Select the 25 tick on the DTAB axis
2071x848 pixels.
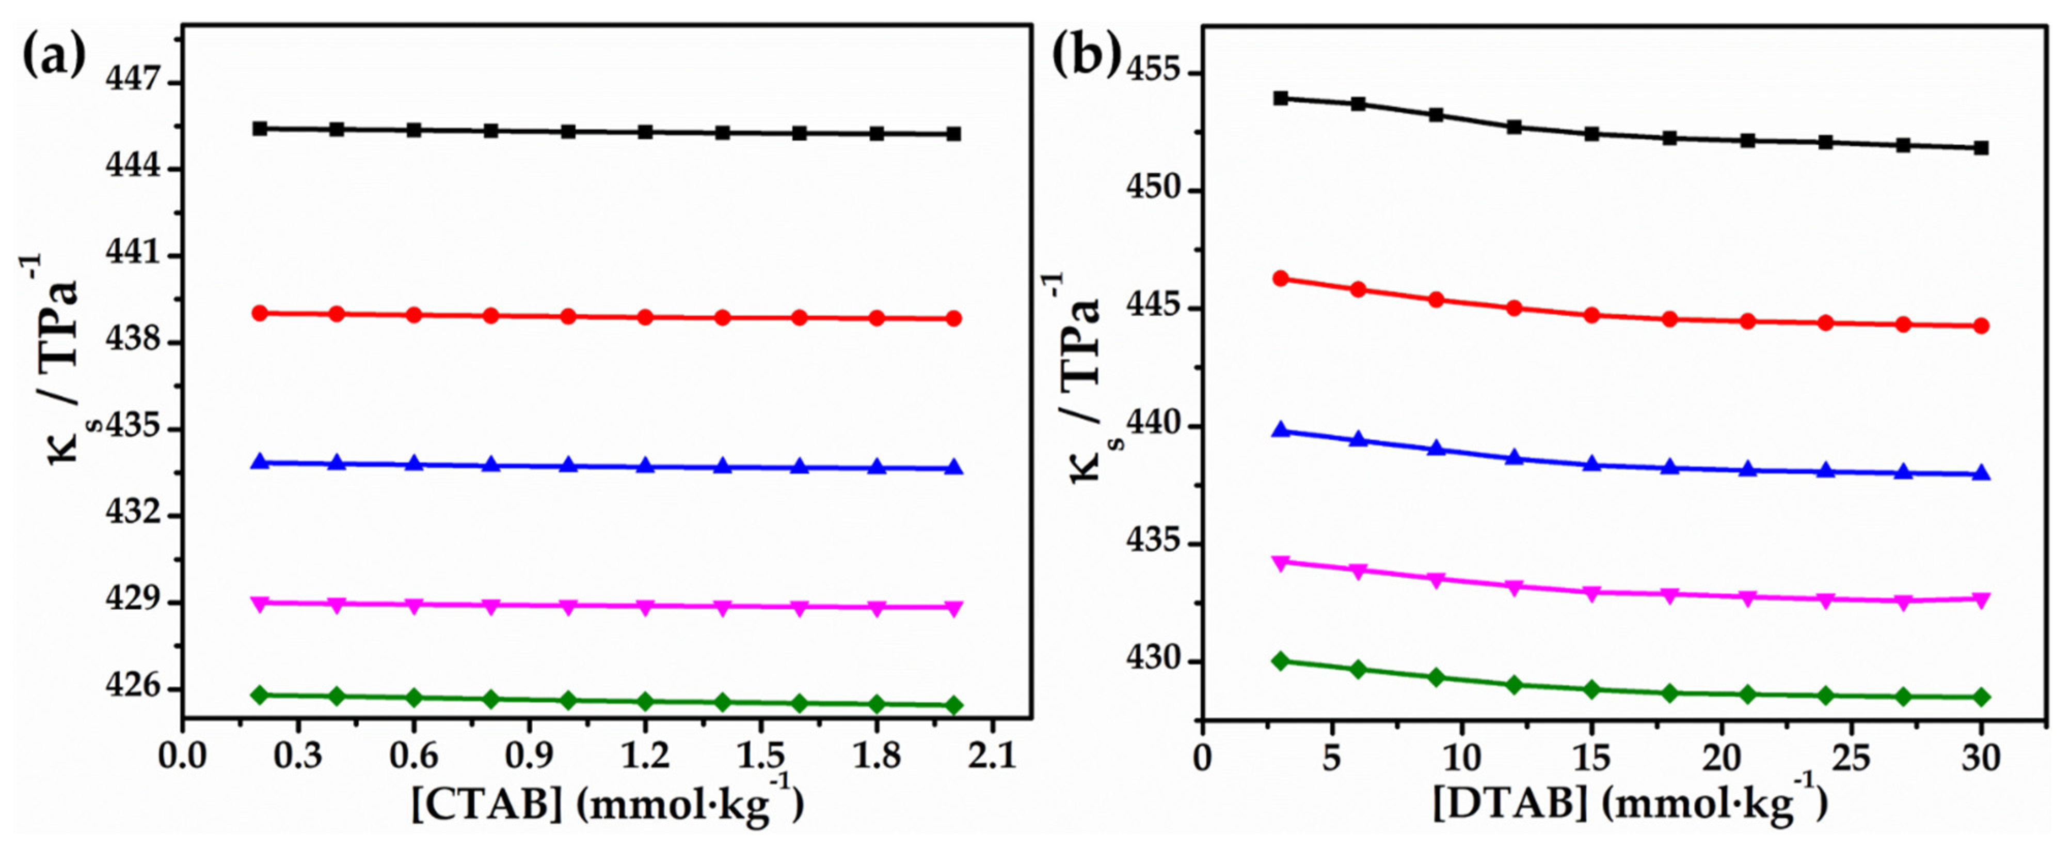tap(1852, 757)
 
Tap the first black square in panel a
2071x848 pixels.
tap(260, 129)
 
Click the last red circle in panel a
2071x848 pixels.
tap(953, 319)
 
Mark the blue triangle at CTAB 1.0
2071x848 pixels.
tap(568, 465)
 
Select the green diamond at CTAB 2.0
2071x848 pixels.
tap(953, 705)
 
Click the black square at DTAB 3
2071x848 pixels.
tap(1281, 98)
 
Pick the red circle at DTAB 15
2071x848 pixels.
tap(1592, 315)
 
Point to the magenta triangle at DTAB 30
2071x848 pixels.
tap(1981, 599)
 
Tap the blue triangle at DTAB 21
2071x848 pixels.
tap(1747, 469)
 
